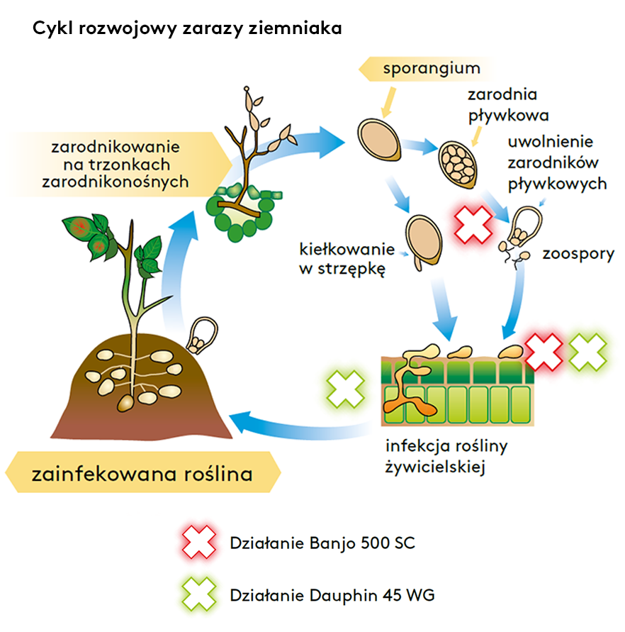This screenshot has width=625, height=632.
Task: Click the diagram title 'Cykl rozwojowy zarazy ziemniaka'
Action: [187, 29]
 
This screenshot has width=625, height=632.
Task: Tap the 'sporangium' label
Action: [432, 69]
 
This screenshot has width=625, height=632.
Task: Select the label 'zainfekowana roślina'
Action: [142, 474]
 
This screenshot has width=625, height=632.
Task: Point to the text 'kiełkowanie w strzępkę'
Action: [347, 259]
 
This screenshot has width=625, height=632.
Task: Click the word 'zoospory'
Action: [578, 255]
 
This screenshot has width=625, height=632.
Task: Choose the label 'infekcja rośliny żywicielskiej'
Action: [446, 457]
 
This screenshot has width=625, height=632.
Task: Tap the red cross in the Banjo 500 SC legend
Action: [199, 542]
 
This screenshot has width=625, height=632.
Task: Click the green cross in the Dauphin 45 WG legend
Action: [199, 594]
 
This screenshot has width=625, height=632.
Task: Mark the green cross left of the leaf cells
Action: [346, 389]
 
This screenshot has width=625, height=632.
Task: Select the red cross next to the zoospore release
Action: [473, 225]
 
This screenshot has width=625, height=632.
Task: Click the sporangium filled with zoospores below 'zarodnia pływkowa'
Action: [458, 165]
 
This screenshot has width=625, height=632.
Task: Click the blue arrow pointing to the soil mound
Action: [302, 428]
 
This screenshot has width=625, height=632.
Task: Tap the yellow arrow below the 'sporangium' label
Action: [388, 103]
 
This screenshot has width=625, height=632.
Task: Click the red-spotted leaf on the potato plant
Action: [81, 228]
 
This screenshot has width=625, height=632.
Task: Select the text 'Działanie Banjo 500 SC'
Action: [322, 543]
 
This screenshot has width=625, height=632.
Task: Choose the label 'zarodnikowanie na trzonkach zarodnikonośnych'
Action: [116, 165]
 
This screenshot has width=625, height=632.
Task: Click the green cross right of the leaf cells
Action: [587, 352]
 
